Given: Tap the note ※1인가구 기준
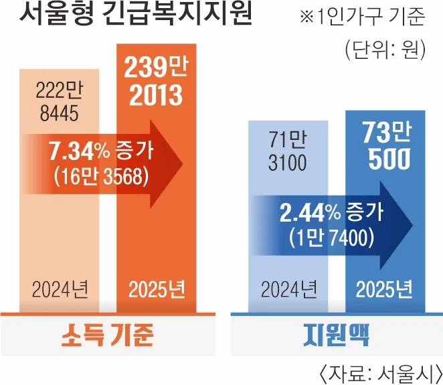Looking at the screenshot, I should point(362,17).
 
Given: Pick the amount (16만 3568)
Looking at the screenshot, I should point(100,177).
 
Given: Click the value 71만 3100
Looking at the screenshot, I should point(289,151).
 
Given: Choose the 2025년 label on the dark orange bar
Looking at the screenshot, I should point(157,291).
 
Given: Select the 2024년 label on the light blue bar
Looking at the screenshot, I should point(289,291).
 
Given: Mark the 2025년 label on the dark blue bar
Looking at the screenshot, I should point(384,291).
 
